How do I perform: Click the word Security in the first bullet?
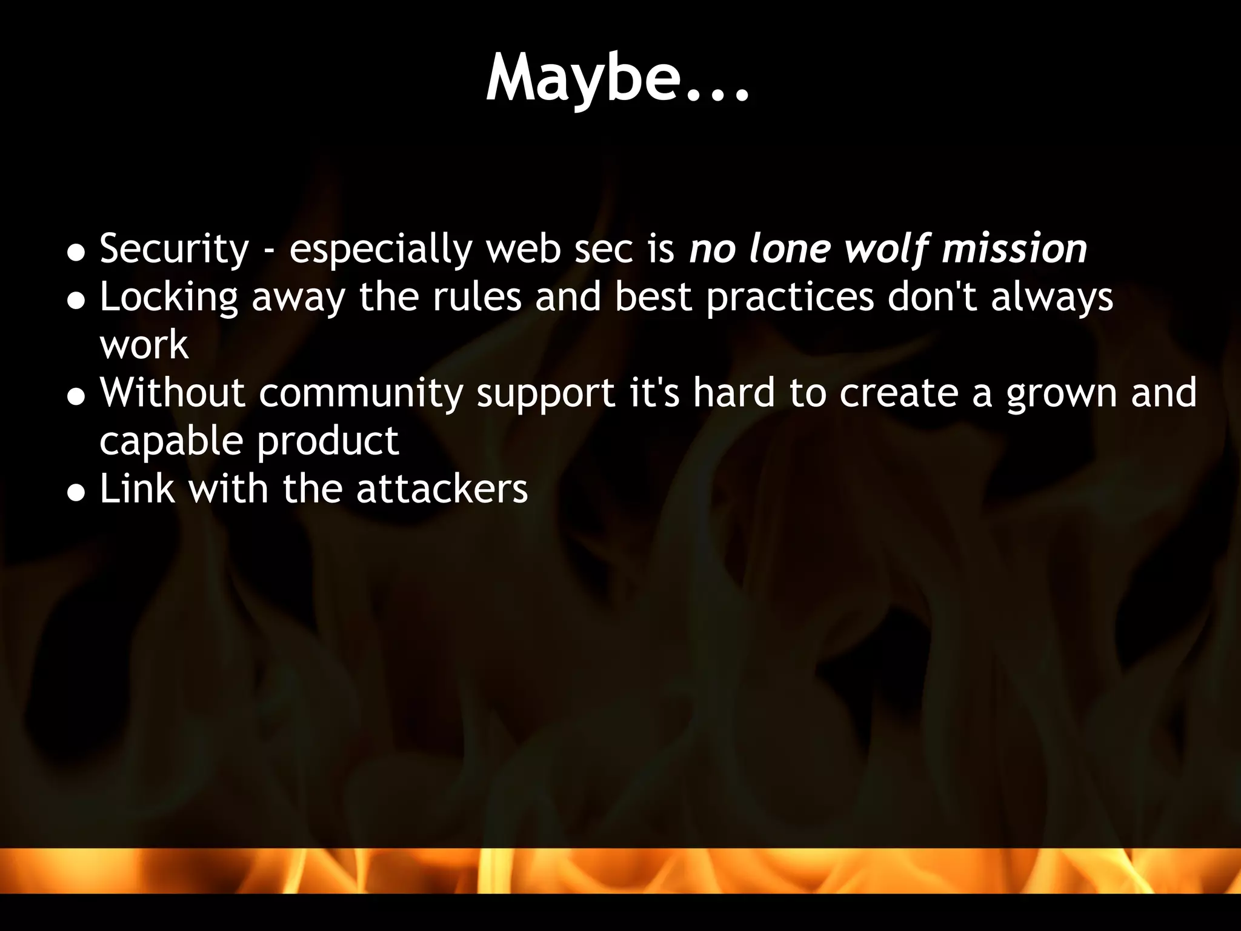pyautogui.click(x=174, y=249)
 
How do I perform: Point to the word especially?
pyautogui.click(x=380, y=249)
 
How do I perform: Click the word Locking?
pyautogui.click(x=168, y=297)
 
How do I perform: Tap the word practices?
pyautogui.click(x=790, y=297)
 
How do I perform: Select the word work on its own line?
pyautogui.click(x=144, y=345)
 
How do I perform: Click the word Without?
pyautogui.click(x=172, y=393)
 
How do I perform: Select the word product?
pyautogui.click(x=328, y=441)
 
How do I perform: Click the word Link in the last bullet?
pyautogui.click(x=138, y=489)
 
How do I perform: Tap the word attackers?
pyautogui.click(x=442, y=489)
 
